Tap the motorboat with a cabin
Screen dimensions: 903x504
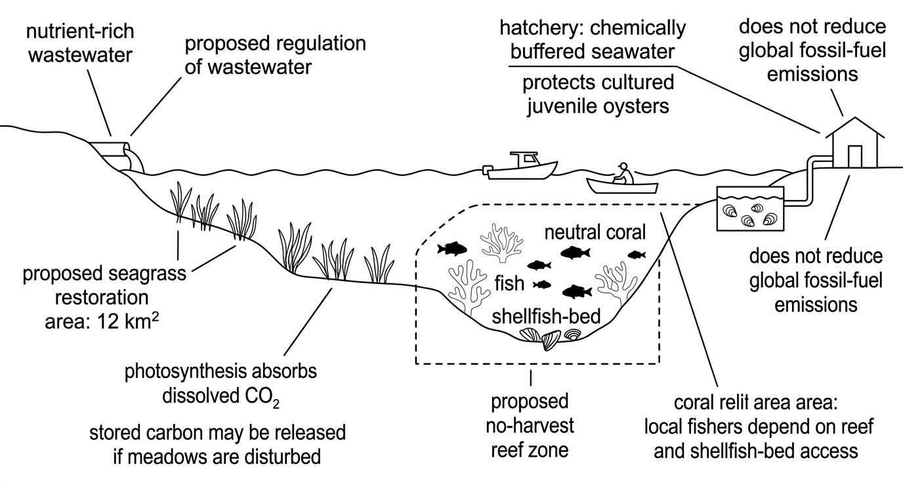[x=520, y=166]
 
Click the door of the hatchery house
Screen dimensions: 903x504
[x=855, y=156]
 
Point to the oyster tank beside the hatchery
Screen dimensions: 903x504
[x=750, y=209]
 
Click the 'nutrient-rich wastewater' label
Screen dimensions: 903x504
[x=80, y=43]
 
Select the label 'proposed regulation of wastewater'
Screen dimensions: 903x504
[x=276, y=55]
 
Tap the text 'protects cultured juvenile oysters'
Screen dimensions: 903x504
[x=598, y=94]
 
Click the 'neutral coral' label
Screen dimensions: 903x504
[x=595, y=233]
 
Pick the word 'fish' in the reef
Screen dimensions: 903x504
[x=509, y=283]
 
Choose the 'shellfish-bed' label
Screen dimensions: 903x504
[x=546, y=317]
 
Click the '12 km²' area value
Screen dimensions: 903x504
[x=128, y=322]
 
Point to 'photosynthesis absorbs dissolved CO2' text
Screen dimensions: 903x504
[x=221, y=384]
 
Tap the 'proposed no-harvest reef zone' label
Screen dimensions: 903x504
[x=530, y=426]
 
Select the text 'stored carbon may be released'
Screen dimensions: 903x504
[x=218, y=432]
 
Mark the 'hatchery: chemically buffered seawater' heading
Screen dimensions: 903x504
[x=593, y=39]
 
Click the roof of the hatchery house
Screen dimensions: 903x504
[x=855, y=128]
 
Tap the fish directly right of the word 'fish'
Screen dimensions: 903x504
[x=542, y=285]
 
